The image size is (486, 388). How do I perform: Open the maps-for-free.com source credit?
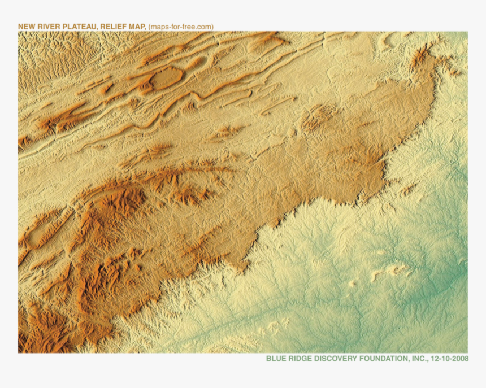[x=181, y=27]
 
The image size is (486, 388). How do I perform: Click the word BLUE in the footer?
[x=275, y=359]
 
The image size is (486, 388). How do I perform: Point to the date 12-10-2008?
[x=450, y=359]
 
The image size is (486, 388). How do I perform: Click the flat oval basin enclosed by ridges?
[x=166, y=77]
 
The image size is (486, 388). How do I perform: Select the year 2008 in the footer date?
[x=459, y=359]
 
